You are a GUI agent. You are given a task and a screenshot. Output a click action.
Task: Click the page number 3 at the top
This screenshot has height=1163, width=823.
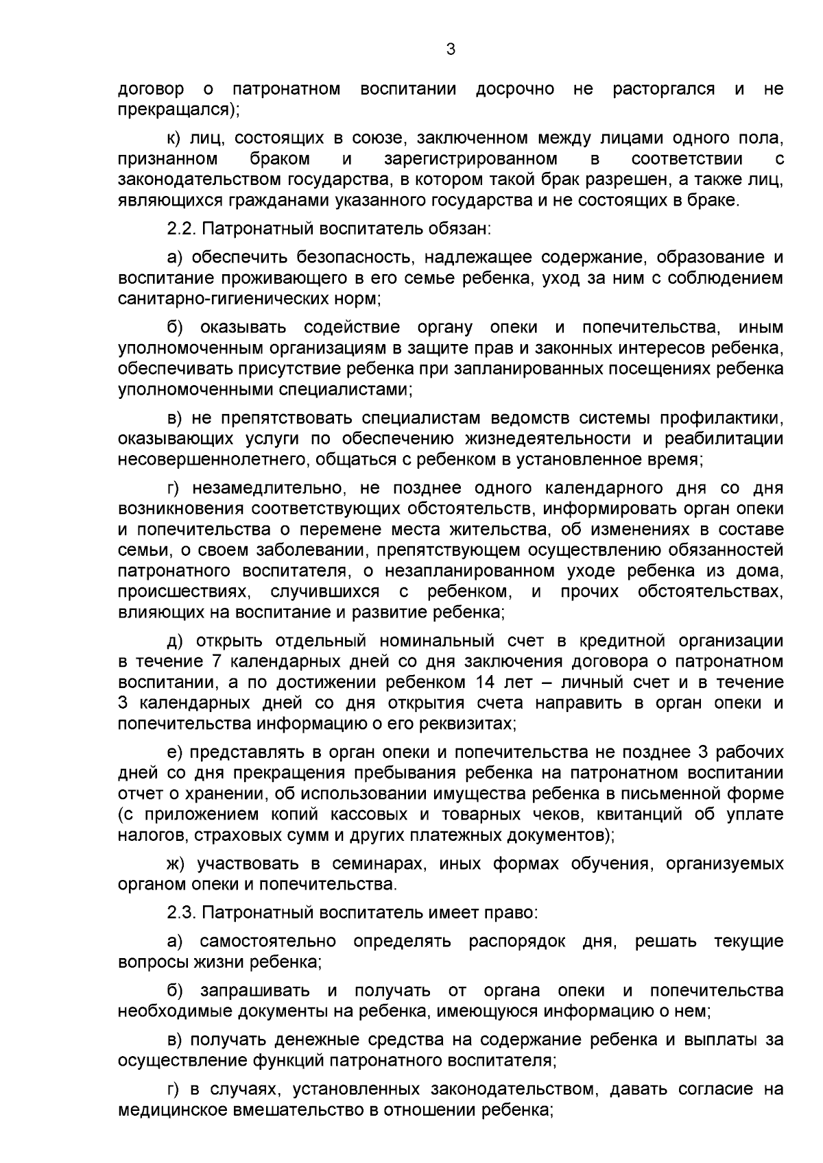click(450, 49)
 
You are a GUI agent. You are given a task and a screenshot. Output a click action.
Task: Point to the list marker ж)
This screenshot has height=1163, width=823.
click(178, 864)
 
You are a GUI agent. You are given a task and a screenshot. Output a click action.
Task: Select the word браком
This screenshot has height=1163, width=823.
click(280, 159)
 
